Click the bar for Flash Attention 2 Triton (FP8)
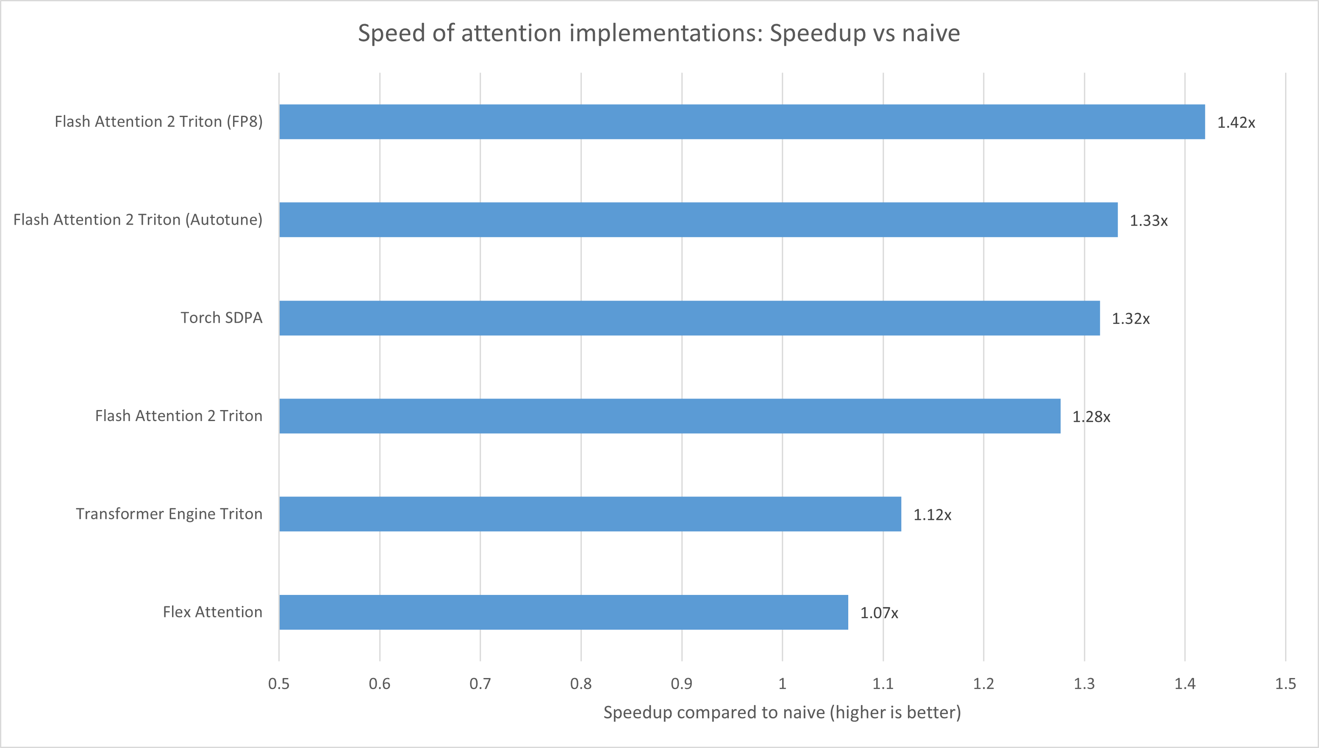coord(741,122)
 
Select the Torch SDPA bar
coord(689,318)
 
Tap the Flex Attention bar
coord(564,612)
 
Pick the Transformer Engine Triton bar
coord(590,514)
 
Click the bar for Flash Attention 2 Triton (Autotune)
coord(698,220)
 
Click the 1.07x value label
coord(879,613)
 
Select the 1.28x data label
coord(1091,417)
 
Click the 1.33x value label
coord(1148,221)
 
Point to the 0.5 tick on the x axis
coord(279,684)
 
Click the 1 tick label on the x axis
coord(782,684)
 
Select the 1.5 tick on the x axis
coord(1285,684)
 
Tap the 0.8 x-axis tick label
coord(580,684)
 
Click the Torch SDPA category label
coord(221,318)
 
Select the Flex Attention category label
coord(212,612)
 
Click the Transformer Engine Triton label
coord(169,514)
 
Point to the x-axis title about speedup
coord(782,712)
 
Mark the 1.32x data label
coord(1130,319)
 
